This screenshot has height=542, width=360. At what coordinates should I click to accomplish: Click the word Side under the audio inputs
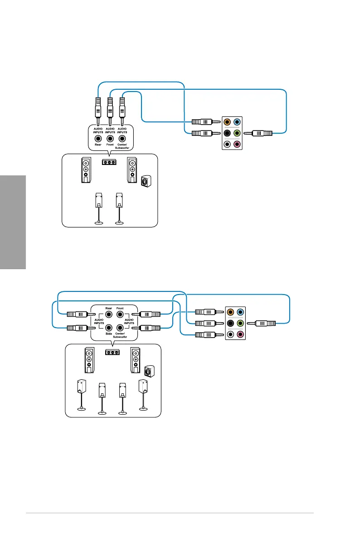108,334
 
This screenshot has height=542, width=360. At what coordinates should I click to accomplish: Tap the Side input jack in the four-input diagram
108,327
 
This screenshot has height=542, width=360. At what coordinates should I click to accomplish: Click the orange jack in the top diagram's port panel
227,122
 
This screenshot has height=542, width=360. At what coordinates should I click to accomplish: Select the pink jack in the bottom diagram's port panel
240,334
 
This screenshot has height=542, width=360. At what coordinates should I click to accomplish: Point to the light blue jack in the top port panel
237,122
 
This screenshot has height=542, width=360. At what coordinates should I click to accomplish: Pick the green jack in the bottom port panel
240,323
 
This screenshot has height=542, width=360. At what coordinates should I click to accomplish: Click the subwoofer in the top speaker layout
146,181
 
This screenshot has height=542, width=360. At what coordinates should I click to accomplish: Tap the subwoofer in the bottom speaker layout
149,371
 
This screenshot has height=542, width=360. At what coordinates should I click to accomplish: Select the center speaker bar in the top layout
109,162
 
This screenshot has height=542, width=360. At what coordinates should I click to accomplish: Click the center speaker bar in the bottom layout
112,352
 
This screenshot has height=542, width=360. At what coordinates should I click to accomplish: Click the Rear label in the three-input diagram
98,145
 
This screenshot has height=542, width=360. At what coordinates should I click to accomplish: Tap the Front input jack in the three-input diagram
110,139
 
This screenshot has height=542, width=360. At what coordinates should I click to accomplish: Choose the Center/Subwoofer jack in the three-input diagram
122,139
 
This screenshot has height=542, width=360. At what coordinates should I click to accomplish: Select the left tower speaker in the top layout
86,170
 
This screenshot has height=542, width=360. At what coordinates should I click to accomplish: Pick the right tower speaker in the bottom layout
135,361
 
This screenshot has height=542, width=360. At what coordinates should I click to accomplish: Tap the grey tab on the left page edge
13,222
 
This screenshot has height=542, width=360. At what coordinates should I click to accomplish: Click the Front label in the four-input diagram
120,308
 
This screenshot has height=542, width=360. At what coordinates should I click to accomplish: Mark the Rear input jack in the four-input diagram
108,314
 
